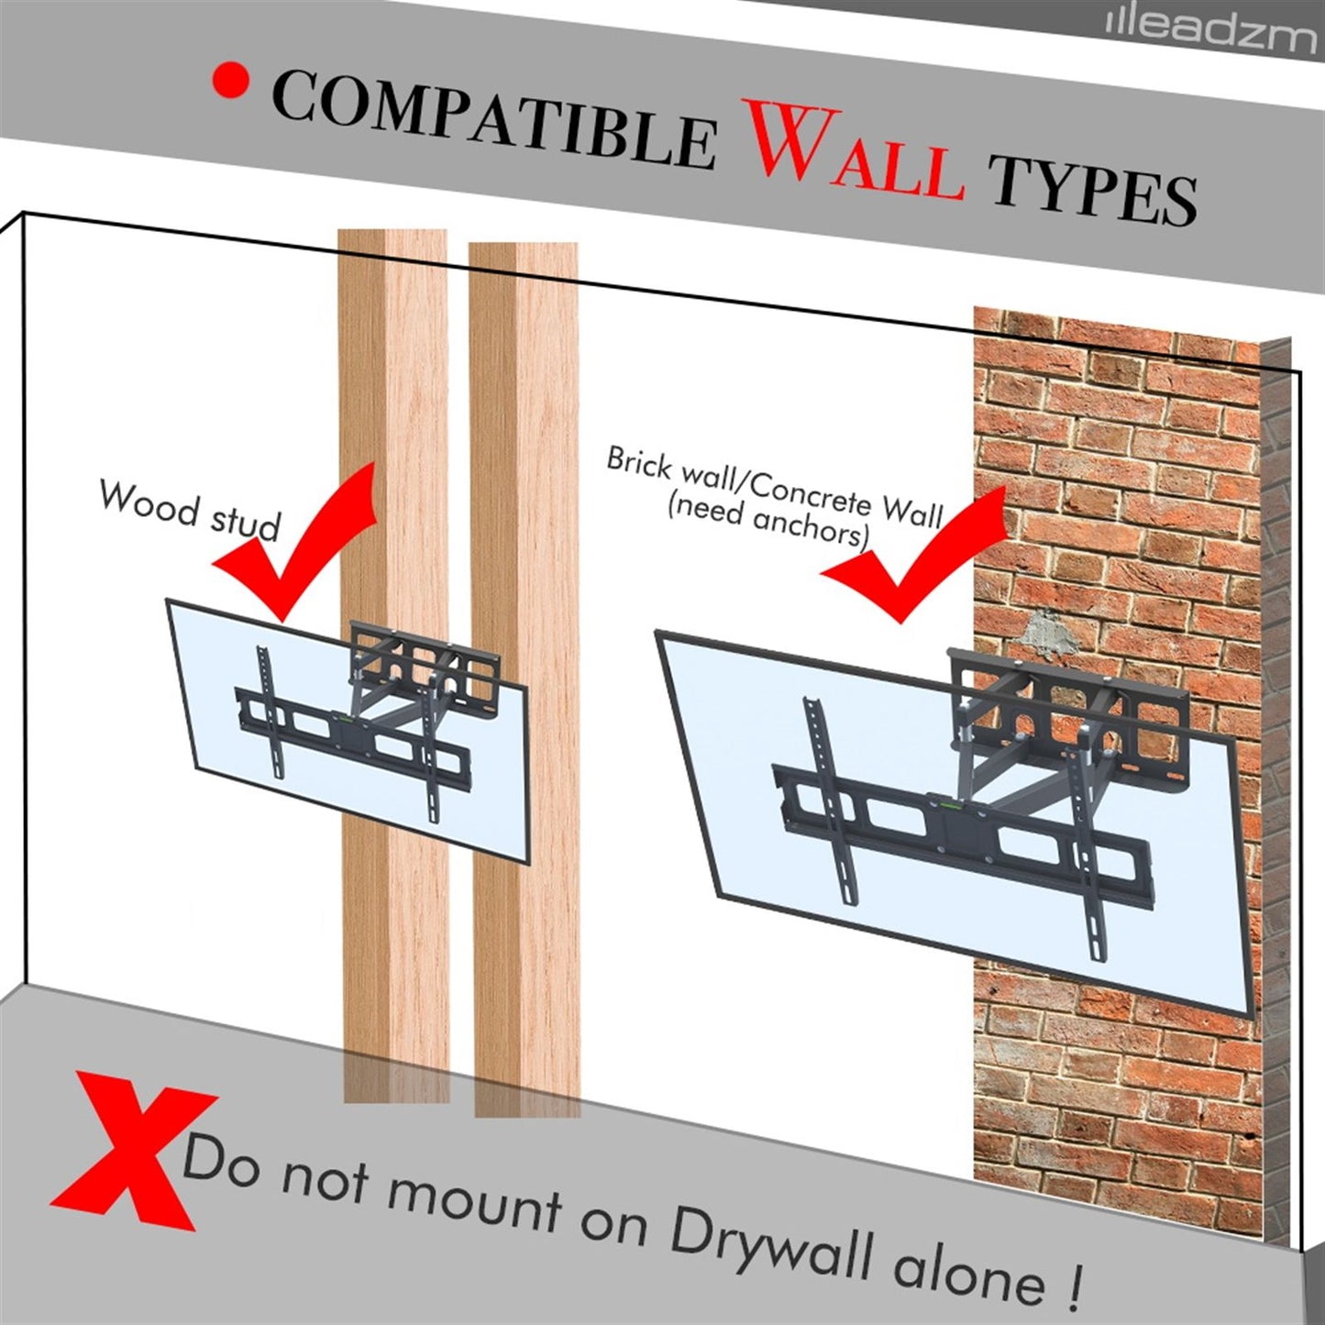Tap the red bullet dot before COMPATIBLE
point(230,81)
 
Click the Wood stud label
point(190,513)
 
